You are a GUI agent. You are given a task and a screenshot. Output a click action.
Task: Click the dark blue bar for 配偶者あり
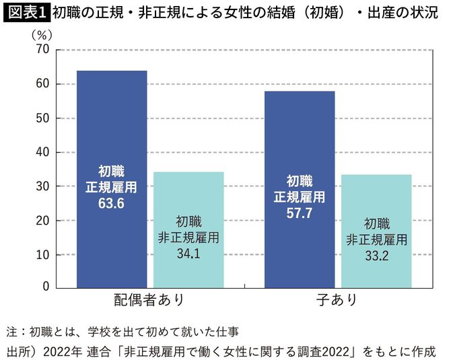tap(111, 135)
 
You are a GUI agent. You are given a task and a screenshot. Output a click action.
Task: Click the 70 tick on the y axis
tap(42, 50)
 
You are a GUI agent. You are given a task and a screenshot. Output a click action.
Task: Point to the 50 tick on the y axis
tap(42, 118)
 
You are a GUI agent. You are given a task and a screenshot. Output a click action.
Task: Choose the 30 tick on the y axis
tap(42, 186)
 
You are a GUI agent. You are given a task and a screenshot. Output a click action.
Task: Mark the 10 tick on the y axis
tap(42, 255)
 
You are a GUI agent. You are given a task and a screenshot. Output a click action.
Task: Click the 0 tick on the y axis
tap(46, 287)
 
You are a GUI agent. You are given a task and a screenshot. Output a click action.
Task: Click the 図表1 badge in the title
tap(26, 11)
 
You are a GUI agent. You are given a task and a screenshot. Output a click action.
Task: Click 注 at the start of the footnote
tap(11, 332)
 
